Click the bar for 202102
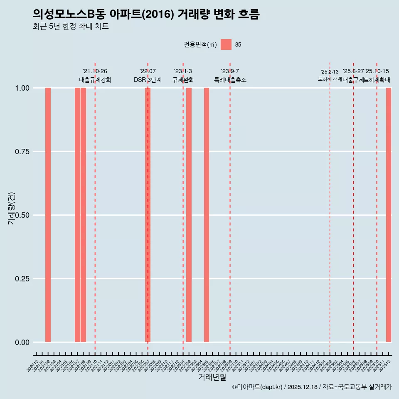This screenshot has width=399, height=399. coord(48,215)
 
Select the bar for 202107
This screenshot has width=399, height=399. coord(77,215)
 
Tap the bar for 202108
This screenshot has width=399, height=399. coord(83,215)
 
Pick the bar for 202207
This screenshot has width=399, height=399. coord(148,215)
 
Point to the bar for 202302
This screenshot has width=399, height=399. coord(189,215)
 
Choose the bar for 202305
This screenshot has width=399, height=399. coord(207,215)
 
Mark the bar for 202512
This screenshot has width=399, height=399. coord(389,215)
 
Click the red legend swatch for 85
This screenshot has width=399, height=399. coord(226,44)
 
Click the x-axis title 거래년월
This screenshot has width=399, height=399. coord(212,377)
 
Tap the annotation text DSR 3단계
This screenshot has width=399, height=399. coord(148,80)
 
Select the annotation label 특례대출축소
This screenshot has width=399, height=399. coord(230,80)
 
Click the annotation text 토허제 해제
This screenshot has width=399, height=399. coord(330,79)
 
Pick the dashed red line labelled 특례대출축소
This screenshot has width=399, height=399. coord(230,208)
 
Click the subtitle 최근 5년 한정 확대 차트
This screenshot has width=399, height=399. coord(71,27)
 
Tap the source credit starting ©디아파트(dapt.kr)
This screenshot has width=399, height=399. coord(312,387)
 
